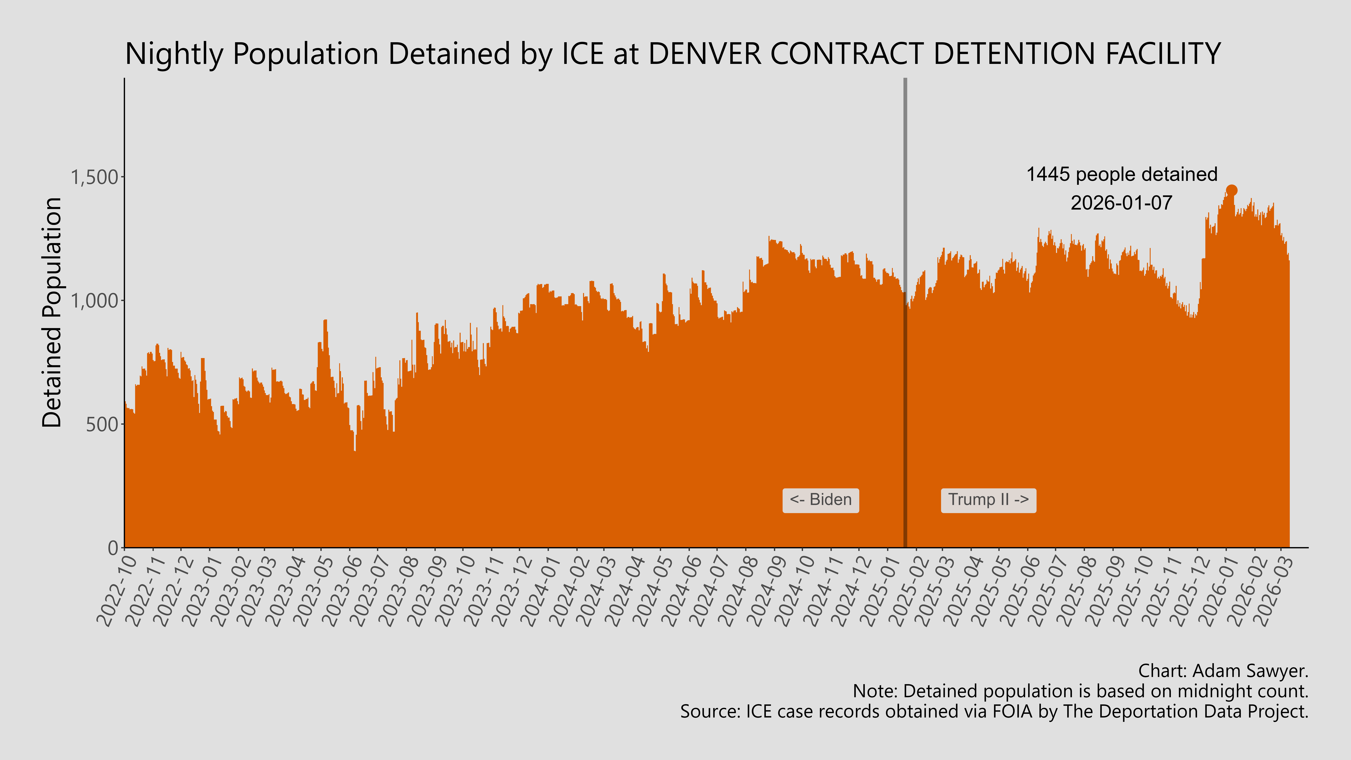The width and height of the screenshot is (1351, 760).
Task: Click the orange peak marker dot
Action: pos(1231,190)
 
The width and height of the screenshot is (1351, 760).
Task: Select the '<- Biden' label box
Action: pos(820,500)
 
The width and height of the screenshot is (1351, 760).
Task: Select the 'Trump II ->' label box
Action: pos(988,500)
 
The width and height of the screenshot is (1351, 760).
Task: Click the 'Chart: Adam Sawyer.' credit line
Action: pos(1223,671)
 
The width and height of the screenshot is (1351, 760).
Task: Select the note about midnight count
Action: pos(1080,691)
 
